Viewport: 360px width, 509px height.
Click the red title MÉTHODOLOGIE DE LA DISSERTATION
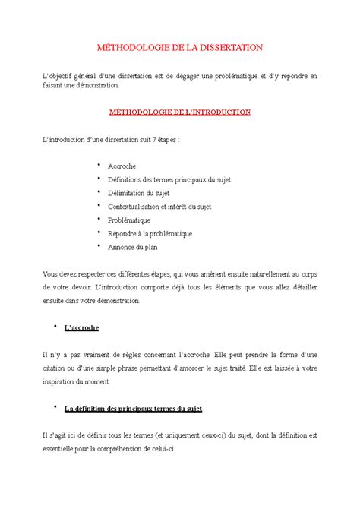pyautogui.click(x=180, y=47)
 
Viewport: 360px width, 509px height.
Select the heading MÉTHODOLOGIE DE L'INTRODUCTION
pyautogui.click(x=180, y=112)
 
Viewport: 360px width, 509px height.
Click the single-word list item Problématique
pyautogui.click(x=131, y=220)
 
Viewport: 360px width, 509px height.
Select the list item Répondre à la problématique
pyautogui.click(x=150, y=233)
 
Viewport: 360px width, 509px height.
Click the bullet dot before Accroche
pyautogui.click(x=99, y=164)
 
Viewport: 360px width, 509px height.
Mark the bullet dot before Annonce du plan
pyautogui.click(x=99, y=246)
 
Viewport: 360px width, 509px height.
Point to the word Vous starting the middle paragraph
pyautogui.click(x=51, y=273)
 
